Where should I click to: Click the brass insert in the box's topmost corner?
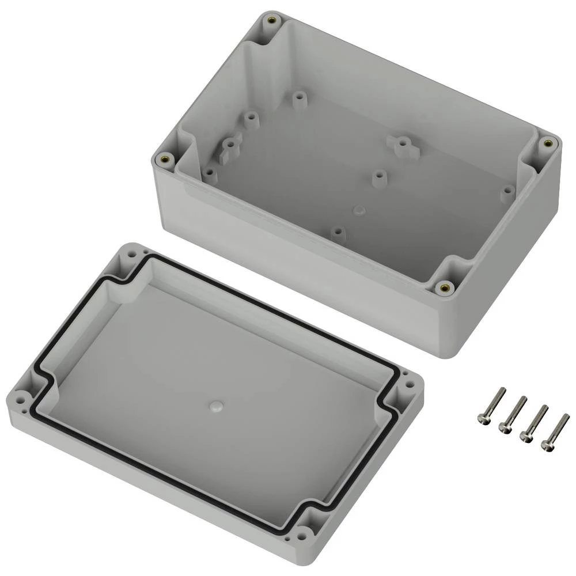pyautogui.click(x=271, y=21)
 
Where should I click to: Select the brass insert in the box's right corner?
pyautogui.click(x=547, y=142)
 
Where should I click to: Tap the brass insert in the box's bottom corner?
pyautogui.click(x=444, y=287)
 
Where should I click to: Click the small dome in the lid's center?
pyautogui.click(x=215, y=406)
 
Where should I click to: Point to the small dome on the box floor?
pyautogui.click(x=358, y=209)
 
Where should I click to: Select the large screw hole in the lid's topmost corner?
pyautogui.click(x=132, y=253)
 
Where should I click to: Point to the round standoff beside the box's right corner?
pyautogui.click(x=507, y=194)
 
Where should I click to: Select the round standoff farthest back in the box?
pyautogui.click(x=298, y=99)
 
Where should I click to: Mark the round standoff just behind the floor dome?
pyautogui.click(x=378, y=177)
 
